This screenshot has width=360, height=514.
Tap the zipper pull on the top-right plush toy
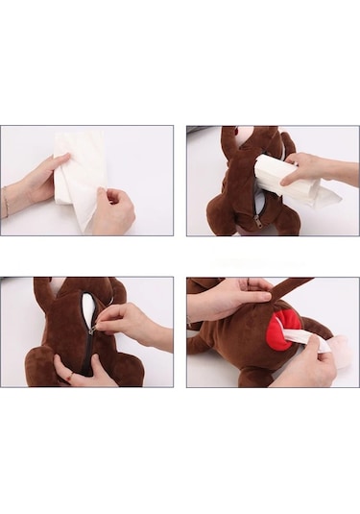257,222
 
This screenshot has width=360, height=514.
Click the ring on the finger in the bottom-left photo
68,378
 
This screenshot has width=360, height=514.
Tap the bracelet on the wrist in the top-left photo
6,203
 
